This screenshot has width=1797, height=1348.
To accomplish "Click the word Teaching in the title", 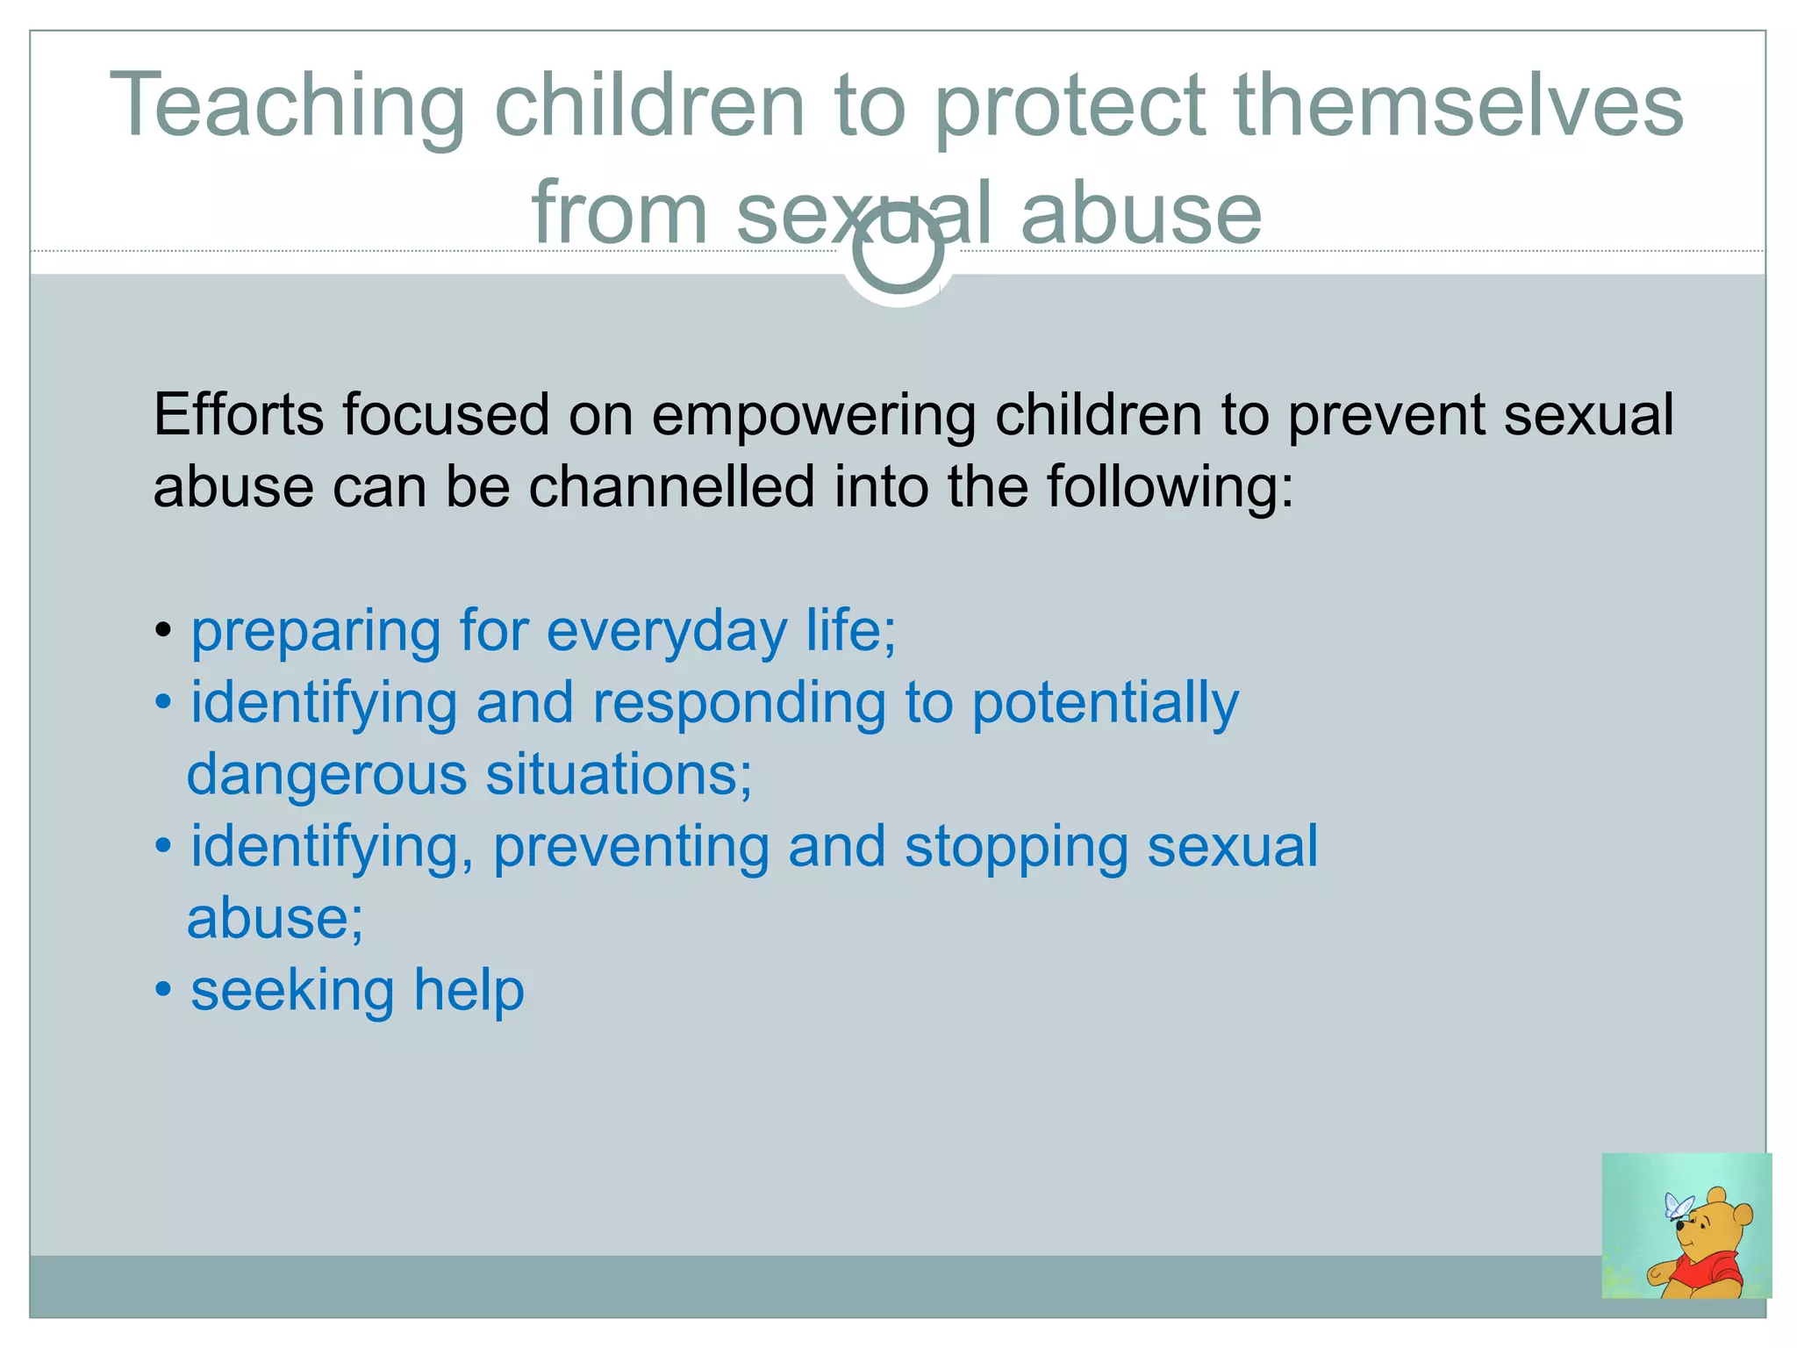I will tap(287, 107).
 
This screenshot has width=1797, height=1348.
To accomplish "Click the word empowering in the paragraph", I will tap(813, 416).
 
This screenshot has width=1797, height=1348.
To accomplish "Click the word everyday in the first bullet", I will tap(666, 632).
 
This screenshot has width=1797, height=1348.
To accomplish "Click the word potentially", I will tap(1105, 705).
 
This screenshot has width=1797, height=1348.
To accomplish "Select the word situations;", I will tap(619, 776).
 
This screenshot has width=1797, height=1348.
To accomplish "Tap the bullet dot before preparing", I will tap(163, 631).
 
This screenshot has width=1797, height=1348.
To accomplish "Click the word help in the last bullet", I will tap(469, 991).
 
